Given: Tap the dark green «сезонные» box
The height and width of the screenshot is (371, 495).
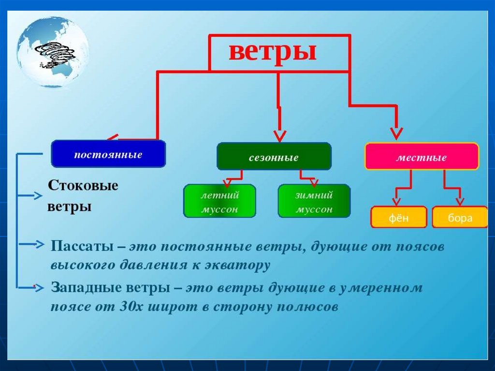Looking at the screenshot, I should point(274,157).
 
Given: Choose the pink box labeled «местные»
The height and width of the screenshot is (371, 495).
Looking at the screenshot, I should point(422,157).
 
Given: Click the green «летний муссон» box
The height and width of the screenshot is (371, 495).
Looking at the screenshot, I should point(219,201).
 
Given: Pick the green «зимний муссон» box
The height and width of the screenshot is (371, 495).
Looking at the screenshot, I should point(314,201).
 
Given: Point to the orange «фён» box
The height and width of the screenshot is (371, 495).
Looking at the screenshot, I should point(399,217).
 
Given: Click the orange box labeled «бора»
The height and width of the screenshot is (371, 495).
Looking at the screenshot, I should point(460,217).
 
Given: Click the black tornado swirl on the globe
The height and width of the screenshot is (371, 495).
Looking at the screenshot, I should point(52,54).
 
